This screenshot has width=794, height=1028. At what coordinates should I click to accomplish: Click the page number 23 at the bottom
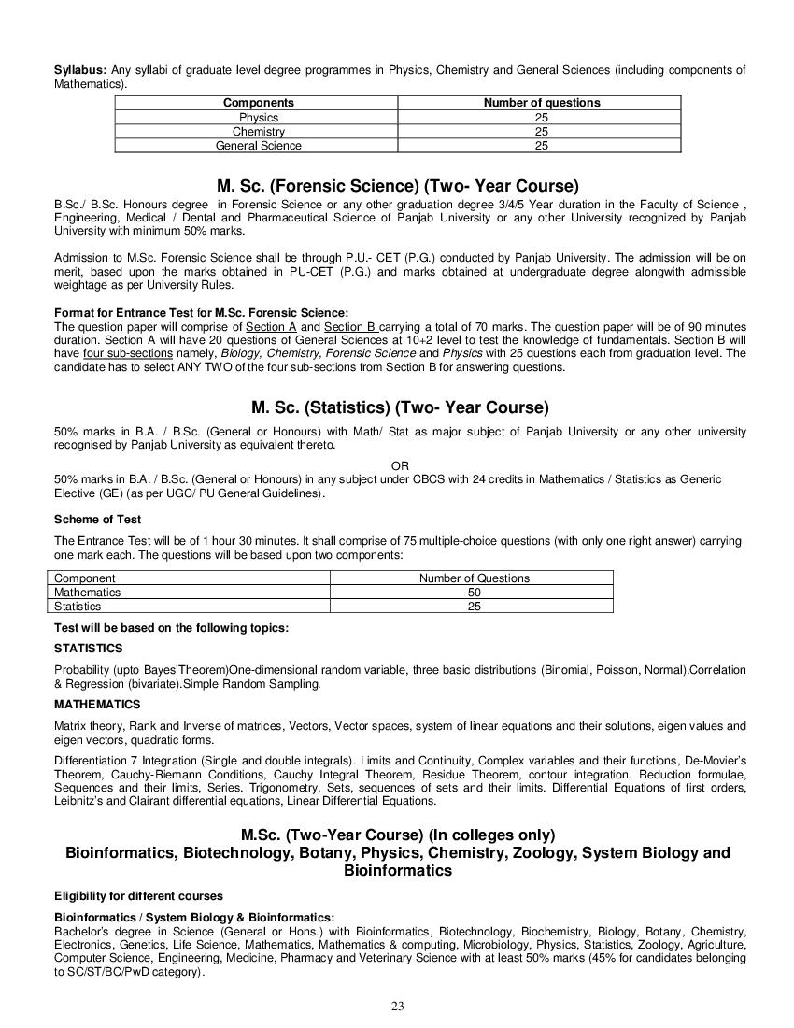[397, 1006]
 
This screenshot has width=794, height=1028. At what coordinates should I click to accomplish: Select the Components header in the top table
[258, 103]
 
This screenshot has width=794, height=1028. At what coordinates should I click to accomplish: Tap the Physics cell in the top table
[258, 118]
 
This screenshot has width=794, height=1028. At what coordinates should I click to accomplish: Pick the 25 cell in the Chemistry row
[541, 132]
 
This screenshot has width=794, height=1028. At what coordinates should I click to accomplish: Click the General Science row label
[258, 146]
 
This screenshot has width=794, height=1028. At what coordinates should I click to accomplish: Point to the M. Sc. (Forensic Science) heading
[397, 185]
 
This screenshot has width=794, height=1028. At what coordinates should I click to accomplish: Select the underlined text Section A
[271, 326]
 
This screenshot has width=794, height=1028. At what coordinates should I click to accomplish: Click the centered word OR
[400, 465]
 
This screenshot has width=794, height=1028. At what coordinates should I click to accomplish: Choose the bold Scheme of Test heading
[98, 519]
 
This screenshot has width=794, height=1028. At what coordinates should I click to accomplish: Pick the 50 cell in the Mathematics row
[474, 593]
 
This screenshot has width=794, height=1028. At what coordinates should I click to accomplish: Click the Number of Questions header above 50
[474, 578]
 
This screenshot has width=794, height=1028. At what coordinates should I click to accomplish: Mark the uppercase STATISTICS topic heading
[89, 648]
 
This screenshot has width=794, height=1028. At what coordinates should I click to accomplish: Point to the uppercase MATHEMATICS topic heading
[97, 704]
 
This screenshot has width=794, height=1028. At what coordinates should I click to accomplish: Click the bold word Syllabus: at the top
[80, 70]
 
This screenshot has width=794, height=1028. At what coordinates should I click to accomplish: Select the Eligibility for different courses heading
[138, 896]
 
